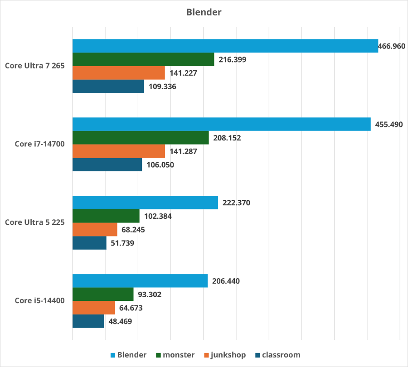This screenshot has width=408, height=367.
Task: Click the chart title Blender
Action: click(204, 12)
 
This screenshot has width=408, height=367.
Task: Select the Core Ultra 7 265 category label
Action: click(35, 66)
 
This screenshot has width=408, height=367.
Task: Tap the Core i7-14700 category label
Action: click(40, 144)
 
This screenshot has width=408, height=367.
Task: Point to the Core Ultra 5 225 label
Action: click(35, 222)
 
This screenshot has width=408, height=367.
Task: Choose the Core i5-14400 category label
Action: click(40, 300)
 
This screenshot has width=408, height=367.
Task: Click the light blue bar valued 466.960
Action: click(225, 46)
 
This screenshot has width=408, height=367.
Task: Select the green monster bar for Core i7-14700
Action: click(141, 138)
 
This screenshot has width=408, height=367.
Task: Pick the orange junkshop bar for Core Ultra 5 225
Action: click(95, 230)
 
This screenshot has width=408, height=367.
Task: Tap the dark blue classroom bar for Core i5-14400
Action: click(88, 322)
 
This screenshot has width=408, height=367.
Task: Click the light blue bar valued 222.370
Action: click(145, 203)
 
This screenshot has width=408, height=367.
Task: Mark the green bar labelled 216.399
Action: click(143, 59)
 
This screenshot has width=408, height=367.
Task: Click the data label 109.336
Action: click(162, 87)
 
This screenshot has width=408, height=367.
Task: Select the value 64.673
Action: click(133, 308)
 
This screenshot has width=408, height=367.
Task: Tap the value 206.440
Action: click(226, 281)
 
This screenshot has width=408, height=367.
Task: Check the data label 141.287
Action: click(183, 151)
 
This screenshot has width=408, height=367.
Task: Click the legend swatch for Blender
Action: click(113, 355)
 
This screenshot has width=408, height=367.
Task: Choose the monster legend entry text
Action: click(179, 355)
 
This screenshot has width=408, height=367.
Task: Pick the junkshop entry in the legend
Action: click(228, 355)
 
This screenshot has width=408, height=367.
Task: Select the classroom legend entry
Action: click(281, 355)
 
